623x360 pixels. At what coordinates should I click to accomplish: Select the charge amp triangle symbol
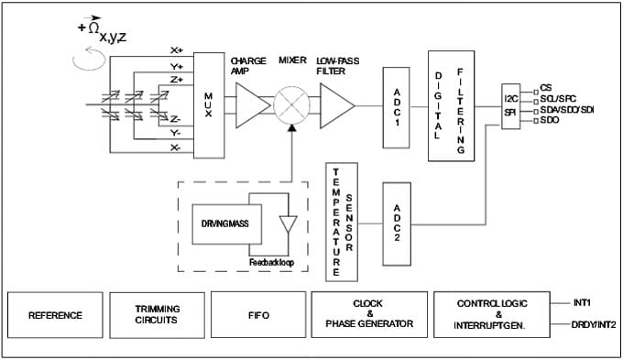click(248, 102)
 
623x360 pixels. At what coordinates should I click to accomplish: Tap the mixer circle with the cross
click(292, 102)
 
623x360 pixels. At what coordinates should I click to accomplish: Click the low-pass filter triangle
click(335, 102)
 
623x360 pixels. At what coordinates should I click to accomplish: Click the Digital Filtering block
click(449, 107)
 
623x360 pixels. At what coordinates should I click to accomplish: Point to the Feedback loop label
click(272, 262)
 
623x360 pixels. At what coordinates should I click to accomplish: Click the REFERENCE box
click(55, 315)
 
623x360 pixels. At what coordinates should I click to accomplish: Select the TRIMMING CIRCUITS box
click(155, 315)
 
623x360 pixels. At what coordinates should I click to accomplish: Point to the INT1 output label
click(582, 300)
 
